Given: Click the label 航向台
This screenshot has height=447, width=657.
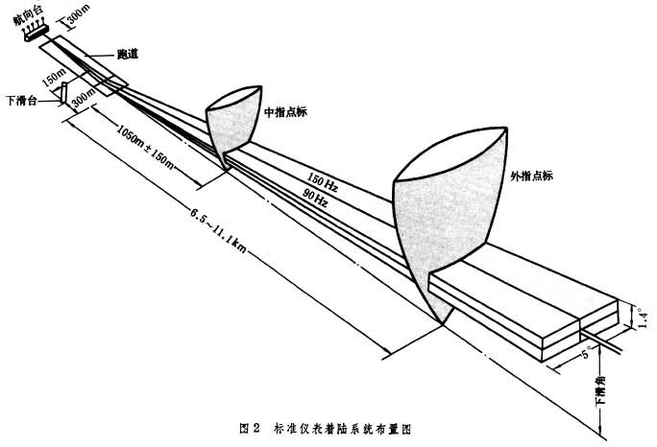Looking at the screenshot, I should click(x=25, y=10).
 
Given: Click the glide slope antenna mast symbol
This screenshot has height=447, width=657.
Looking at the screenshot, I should click(x=60, y=93).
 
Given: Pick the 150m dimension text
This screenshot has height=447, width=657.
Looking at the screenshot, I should click(x=55, y=74).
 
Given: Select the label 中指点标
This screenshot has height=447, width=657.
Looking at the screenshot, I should click(x=287, y=111).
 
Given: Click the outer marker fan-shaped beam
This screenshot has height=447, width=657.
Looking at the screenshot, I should click(x=448, y=211).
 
